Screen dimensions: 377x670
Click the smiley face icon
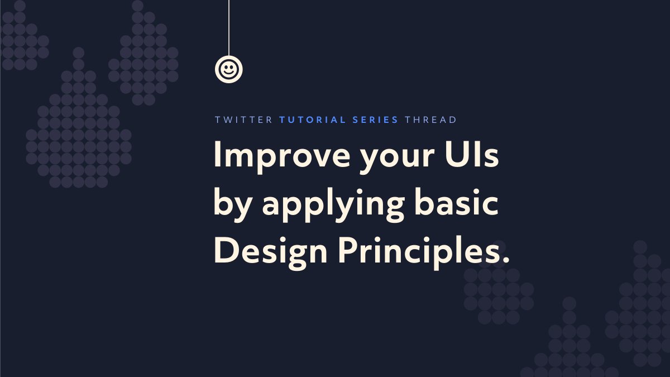[x=228, y=69]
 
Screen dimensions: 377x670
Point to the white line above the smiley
[x=228, y=28]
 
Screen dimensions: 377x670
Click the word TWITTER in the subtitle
[x=243, y=120]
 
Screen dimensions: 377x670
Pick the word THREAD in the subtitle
[x=430, y=120]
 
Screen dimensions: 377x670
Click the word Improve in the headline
[x=272, y=156]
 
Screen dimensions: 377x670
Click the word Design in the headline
[x=271, y=252]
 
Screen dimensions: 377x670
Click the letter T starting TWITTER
[x=217, y=120]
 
